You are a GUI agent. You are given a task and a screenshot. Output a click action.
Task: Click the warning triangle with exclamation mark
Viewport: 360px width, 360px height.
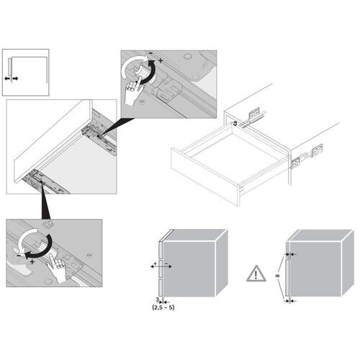pyautogui.click(x=256, y=274)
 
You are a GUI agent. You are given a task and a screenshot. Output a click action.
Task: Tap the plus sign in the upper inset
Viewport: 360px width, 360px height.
pyautogui.click(x=160, y=60)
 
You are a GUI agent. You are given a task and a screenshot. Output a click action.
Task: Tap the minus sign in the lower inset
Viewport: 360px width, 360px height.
pyautogui.click(x=22, y=254)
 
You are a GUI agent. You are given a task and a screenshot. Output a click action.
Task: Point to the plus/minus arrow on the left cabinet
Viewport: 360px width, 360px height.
pyautogui.click(x=161, y=266)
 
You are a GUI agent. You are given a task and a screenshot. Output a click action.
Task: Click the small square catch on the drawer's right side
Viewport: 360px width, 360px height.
pyautogui.click(x=294, y=162)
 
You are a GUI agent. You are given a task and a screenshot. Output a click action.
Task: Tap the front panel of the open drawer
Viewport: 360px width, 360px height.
pyautogui.click(x=209, y=184)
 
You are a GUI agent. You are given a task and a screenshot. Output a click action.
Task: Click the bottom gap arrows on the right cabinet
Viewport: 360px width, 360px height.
pyautogui.click(x=289, y=302)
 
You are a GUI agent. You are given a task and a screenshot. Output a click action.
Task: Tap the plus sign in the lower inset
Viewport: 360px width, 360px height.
pyautogui.click(x=32, y=262)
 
